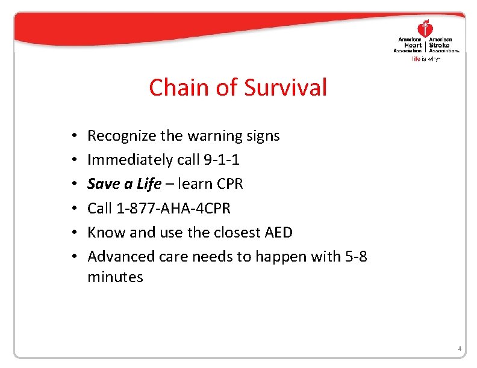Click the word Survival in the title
tap(285, 88)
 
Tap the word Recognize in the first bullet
tap(122, 136)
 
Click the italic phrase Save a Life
tap(125, 184)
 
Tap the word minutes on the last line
tap(115, 277)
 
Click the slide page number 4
tap(460, 349)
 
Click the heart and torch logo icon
tap(426, 28)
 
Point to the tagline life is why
tap(426, 59)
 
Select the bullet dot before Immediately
tap(72, 161)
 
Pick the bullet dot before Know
tap(72, 233)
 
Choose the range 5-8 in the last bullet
tap(355, 256)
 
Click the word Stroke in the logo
tap(440, 45)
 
